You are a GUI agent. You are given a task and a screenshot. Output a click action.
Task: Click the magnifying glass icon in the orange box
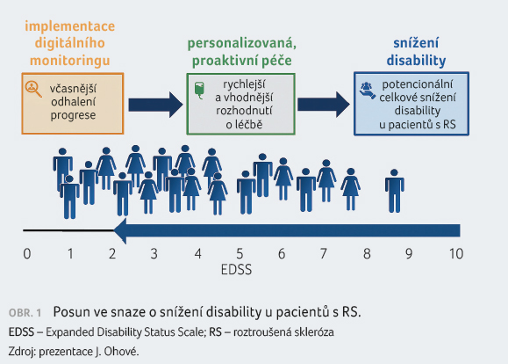point(33,89)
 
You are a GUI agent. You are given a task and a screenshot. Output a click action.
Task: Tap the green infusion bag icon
point(199,91)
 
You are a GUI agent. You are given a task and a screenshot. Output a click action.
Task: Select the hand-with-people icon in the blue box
point(368,91)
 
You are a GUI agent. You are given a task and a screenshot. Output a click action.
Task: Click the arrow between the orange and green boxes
point(155,105)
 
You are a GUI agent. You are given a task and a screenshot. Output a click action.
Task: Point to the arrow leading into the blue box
point(324,105)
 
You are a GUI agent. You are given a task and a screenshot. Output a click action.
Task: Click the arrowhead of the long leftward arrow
point(120,230)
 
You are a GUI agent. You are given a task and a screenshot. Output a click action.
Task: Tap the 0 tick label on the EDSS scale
point(27,253)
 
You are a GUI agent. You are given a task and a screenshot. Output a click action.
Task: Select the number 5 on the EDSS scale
point(240,253)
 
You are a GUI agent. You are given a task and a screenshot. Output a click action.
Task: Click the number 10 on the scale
point(456,253)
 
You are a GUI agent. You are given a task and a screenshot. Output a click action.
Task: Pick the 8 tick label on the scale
point(367,253)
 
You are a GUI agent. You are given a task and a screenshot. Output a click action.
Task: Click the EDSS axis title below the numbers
point(236,270)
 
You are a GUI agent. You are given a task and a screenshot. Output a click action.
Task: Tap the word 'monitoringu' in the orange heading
point(70,61)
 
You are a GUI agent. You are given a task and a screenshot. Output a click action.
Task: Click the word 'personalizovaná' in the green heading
point(241,43)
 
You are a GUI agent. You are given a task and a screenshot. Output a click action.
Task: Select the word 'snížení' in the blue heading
point(416,43)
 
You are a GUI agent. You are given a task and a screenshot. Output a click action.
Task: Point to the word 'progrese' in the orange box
point(73,115)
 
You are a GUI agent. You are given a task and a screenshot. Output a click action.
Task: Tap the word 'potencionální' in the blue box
point(418,84)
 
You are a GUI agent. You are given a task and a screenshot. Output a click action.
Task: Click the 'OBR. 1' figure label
point(25,313)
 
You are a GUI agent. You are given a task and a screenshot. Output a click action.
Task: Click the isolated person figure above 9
point(394,191)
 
